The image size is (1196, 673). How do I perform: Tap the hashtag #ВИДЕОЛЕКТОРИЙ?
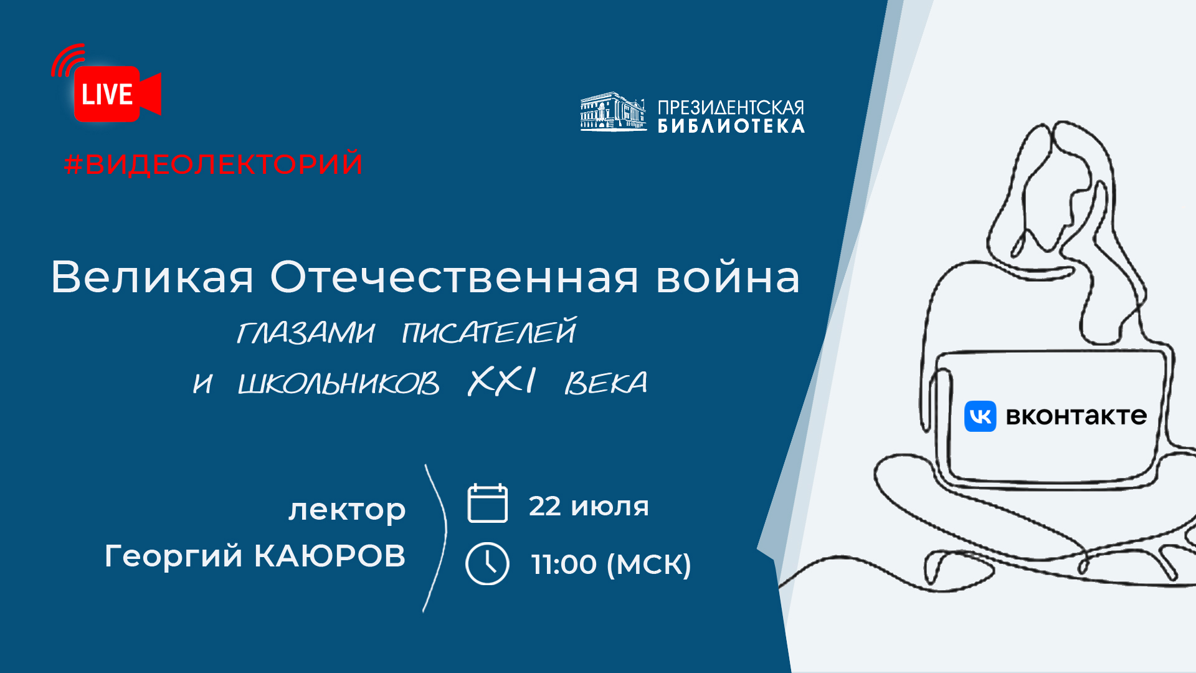tap(214, 164)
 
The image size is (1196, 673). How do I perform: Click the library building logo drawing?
tap(613, 112)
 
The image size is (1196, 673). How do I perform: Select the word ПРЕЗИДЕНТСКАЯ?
tap(731, 108)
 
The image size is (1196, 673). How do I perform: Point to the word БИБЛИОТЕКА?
tap(731, 126)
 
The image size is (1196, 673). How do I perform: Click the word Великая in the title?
tap(152, 277)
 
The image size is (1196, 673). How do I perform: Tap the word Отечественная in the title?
tap(455, 277)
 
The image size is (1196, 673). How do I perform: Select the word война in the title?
tap(728, 277)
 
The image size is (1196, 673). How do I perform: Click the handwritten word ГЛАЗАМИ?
tap(306, 332)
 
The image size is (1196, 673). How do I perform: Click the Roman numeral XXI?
tap(502, 381)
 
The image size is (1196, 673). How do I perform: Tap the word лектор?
tap(347, 510)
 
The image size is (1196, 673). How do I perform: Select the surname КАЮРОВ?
tap(330, 556)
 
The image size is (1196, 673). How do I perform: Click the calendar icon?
tap(488, 503)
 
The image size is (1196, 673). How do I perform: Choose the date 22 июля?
tap(589, 506)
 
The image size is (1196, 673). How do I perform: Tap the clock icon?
tap(487, 564)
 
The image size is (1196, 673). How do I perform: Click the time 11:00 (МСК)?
tap(611, 565)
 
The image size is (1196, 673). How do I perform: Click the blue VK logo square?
tap(980, 416)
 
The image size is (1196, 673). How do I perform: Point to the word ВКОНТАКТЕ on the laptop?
tap(1076, 416)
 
